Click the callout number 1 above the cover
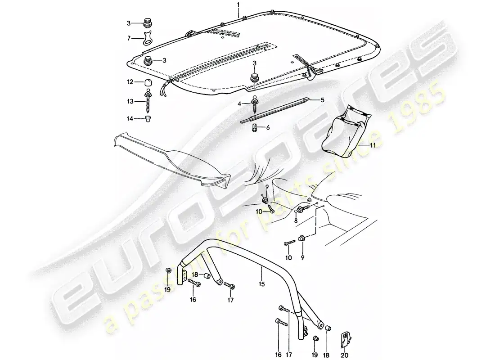point(238,4)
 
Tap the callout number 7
point(129,38)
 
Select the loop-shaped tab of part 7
point(148,38)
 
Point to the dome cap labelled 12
point(148,82)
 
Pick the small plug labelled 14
point(148,119)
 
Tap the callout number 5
point(322,100)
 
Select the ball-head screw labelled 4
point(255,104)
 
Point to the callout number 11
point(373,145)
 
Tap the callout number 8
point(296,221)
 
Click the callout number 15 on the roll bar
point(262,284)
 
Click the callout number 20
point(345,355)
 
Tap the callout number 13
point(130,101)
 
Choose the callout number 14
point(130,119)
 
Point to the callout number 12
point(130,82)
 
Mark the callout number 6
point(268,128)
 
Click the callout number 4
point(239,103)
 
